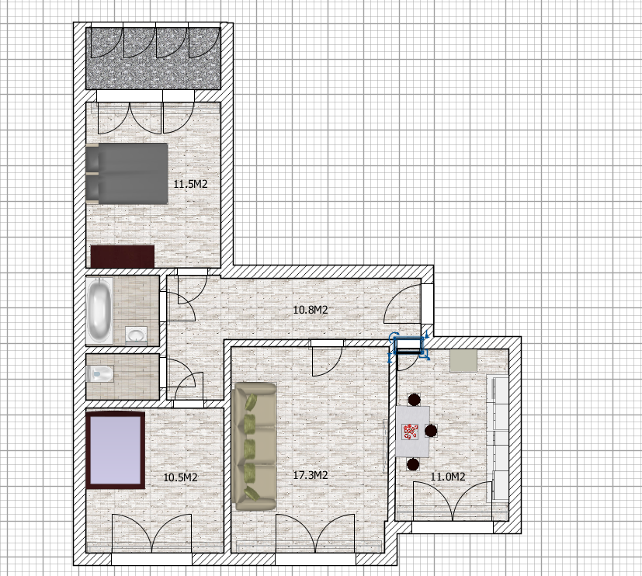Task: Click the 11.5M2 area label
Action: pos(190,184)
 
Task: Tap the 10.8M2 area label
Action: pos(311,310)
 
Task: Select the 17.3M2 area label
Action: pos(311,475)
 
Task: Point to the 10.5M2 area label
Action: pos(181,477)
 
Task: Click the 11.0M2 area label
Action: pos(448,477)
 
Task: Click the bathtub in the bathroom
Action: pos(99,311)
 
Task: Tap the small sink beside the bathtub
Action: pos(136,334)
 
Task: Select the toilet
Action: pos(100,373)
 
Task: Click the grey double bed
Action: pos(127,174)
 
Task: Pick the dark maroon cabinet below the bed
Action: pos(123,256)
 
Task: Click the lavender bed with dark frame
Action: pos(116,450)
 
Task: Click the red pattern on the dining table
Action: pos(411,432)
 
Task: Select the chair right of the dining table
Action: pos(431,431)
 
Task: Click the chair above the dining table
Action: pos(415,400)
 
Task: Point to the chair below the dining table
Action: pos(413,464)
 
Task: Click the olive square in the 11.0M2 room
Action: pos(463,361)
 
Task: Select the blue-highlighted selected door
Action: pos(408,346)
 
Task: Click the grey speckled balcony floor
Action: pos(153,58)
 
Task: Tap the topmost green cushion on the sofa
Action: pos(252,401)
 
